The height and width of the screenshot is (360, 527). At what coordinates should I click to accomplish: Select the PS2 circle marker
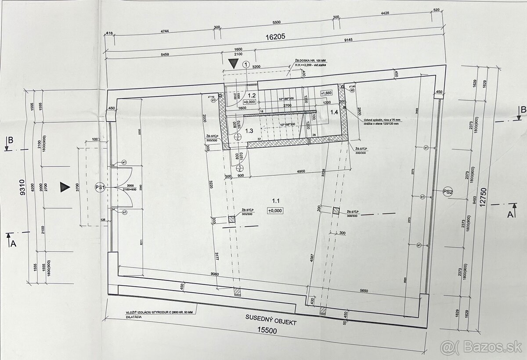pyautogui.click(x=448, y=191)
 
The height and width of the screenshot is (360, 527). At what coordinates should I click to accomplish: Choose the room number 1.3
pyautogui.click(x=249, y=131)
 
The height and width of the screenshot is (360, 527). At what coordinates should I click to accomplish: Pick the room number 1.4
pyautogui.click(x=334, y=112)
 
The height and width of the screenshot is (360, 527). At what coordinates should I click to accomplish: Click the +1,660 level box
pyautogui.click(x=326, y=93)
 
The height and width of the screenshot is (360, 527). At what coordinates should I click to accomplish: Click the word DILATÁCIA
pyautogui.click(x=133, y=316)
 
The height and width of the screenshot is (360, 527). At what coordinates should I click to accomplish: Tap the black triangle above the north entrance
pyautogui.click(x=233, y=64)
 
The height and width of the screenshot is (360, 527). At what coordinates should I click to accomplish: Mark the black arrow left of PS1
pyautogui.click(x=65, y=187)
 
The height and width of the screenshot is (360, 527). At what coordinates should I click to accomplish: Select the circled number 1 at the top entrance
pyautogui.click(x=245, y=64)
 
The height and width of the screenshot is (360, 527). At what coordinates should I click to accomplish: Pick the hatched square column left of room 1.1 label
pyautogui.click(x=231, y=219)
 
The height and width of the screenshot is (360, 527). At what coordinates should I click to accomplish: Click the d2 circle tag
pyautogui.click(x=352, y=90)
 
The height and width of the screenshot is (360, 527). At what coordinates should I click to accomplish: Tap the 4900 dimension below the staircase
pyautogui.click(x=300, y=171)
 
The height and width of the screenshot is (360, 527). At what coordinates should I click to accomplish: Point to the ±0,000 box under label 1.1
pyautogui.click(x=275, y=211)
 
